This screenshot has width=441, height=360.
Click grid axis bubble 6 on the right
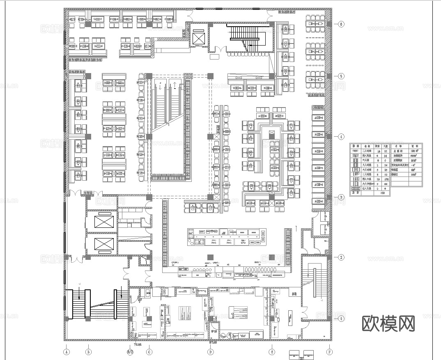tap(341, 24)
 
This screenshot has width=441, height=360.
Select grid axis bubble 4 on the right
tap(341, 137)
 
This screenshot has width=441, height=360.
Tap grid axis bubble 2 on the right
tap(341, 258)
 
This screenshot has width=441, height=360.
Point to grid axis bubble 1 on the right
tap(341, 318)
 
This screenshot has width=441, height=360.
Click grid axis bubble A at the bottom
tap(66, 351)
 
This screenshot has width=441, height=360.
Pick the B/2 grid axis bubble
tap(130, 352)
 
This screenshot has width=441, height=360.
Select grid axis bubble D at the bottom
tap(210, 352)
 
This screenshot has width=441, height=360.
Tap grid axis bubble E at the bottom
tap(271, 352)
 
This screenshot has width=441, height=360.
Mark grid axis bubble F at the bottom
tap(329, 352)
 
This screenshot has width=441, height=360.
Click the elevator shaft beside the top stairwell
tap(198, 39)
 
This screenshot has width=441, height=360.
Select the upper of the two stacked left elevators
tap(102, 221)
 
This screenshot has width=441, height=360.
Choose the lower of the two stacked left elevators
tap(102, 244)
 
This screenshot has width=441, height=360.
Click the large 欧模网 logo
tap(388, 323)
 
